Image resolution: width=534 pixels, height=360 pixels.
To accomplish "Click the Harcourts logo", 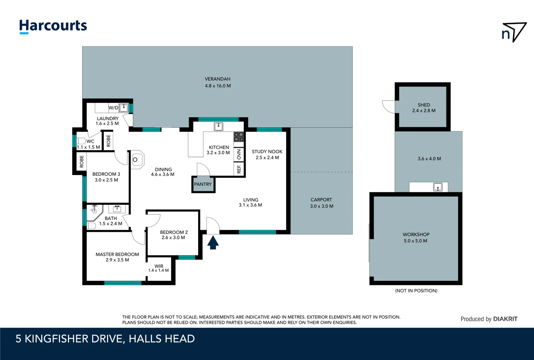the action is click(53, 26).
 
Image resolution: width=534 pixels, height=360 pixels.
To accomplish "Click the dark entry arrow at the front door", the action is click(213, 242).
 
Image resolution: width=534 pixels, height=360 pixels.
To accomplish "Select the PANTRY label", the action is click(203, 184).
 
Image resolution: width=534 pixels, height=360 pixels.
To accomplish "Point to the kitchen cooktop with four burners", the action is click(239, 137).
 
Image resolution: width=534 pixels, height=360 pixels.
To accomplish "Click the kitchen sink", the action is click(219, 126).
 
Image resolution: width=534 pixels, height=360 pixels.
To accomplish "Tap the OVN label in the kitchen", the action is click(239, 155).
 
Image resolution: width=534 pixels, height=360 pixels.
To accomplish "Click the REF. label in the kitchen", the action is click(239, 169).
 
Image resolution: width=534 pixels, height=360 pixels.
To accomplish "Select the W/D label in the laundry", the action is click(113, 108).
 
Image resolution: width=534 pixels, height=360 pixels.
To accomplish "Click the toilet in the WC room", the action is click(81, 141).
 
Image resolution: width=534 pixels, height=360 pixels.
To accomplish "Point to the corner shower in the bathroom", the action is click(94, 213).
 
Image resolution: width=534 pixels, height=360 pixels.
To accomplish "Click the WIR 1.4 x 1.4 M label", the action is click(159, 268).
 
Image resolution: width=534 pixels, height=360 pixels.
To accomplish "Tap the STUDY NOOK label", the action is click(267, 151).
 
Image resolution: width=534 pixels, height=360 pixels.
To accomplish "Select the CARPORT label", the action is click(321, 200).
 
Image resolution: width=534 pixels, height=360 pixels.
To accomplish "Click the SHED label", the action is click(424, 105).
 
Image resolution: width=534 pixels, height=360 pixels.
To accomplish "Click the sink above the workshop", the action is click(438, 187).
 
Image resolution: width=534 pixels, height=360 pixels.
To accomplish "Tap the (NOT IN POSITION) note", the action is click(416, 291).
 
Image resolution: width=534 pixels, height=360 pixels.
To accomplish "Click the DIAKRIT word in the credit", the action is click(505, 319).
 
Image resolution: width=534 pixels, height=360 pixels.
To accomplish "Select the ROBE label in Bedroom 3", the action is click(82, 162).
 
